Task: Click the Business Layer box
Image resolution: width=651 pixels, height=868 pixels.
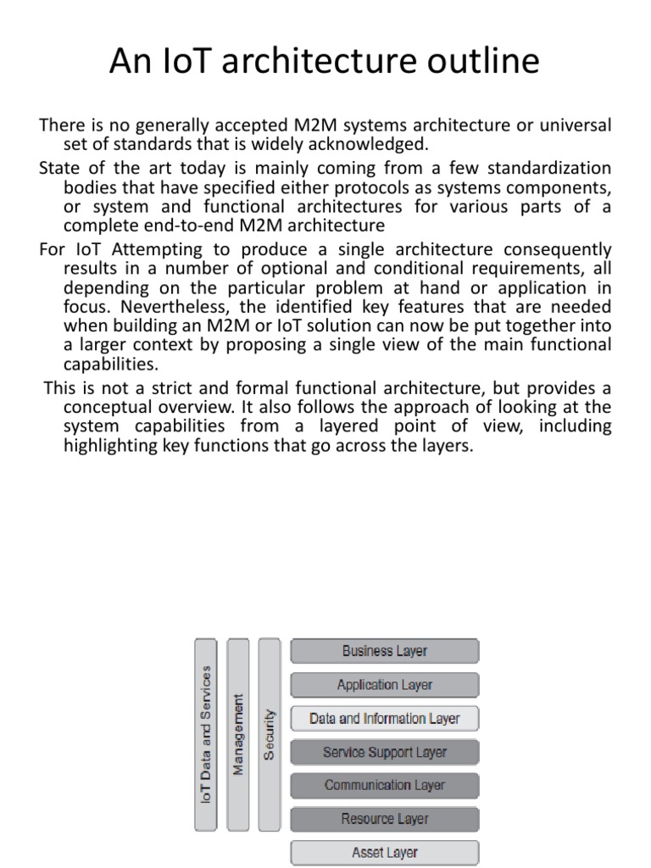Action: pos(385,651)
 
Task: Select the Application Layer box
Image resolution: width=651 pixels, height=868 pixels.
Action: pos(385,685)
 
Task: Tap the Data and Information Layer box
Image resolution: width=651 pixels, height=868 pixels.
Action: pos(385,719)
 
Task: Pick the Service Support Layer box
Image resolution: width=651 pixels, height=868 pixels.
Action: pos(385,752)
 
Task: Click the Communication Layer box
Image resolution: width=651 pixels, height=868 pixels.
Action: pos(385,785)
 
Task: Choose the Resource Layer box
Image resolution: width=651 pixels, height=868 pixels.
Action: pos(385,819)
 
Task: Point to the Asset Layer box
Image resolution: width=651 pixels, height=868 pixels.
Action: pos(385,852)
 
